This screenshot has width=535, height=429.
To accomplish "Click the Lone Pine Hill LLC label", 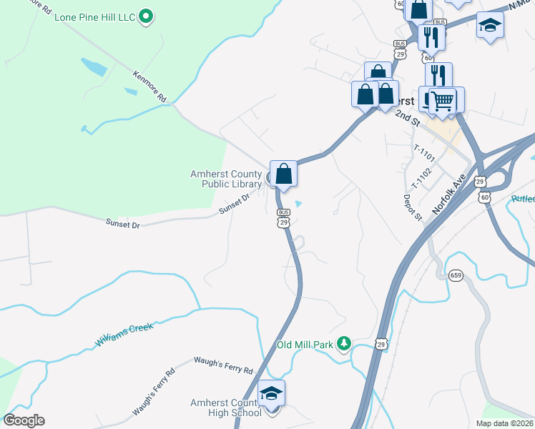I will [x=94, y=16].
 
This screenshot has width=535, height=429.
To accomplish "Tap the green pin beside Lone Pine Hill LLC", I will [x=147, y=16].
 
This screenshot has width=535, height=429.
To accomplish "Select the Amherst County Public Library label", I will [x=226, y=178].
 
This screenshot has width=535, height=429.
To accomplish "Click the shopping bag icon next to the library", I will [x=284, y=173].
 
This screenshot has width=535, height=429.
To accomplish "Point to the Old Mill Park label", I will [x=305, y=345].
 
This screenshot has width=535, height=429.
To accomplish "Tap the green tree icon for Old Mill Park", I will [x=344, y=344].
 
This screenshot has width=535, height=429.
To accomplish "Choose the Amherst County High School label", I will [x=226, y=408].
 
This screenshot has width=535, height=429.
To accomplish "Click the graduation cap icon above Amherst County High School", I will [x=271, y=393].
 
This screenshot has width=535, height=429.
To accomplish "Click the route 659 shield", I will [x=456, y=275].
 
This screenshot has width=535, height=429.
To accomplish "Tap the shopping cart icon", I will [x=443, y=101].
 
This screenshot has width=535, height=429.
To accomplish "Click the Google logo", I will [x=24, y=420].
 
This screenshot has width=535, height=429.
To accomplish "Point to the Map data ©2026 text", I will [x=504, y=423].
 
